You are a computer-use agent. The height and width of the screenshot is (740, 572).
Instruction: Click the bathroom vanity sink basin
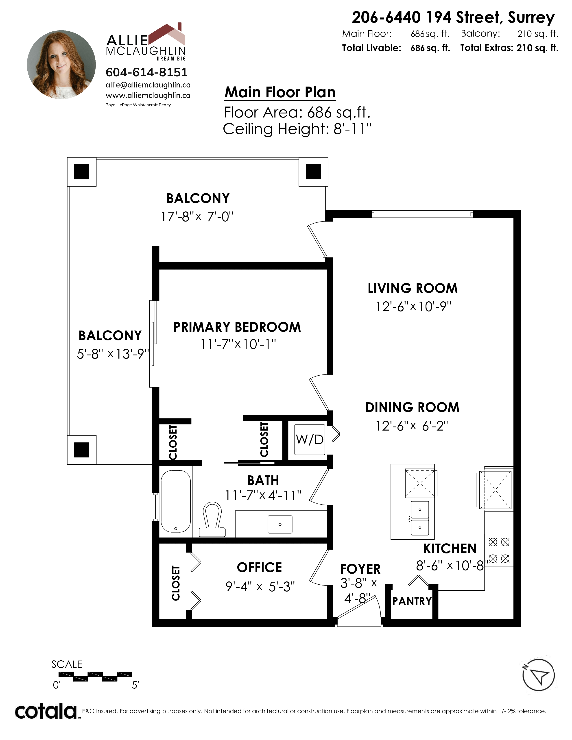point(280,525)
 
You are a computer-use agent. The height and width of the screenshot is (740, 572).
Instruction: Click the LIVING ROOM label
point(413,288)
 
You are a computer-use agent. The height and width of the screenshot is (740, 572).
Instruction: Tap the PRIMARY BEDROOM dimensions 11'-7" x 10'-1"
point(238,344)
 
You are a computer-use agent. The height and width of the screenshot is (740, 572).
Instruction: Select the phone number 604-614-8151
point(146,72)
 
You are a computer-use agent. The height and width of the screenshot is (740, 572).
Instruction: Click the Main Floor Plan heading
point(280,92)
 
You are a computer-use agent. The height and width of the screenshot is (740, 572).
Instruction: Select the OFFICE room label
point(260,568)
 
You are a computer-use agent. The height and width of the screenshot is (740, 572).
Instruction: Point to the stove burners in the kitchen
point(499,550)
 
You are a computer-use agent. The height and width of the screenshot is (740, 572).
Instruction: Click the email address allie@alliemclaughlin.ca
point(148,85)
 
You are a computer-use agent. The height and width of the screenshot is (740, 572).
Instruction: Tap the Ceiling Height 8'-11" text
point(297,129)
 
